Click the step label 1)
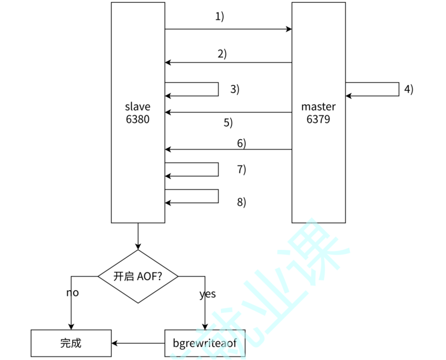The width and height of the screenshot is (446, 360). click(x=219, y=17)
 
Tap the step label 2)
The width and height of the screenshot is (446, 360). click(x=222, y=54)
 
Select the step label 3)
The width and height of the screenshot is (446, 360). click(x=234, y=89)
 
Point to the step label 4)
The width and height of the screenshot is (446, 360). click(x=408, y=89)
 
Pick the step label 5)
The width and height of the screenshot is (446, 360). click(x=228, y=123)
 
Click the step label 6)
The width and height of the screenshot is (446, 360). click(x=241, y=143)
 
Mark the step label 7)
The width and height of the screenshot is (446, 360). click(x=241, y=169)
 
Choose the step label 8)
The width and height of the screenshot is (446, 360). click(x=241, y=202)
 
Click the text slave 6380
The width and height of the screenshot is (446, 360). click(x=138, y=113)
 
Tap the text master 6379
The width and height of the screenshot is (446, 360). click(x=318, y=113)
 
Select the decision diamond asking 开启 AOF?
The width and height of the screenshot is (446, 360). click(x=138, y=276)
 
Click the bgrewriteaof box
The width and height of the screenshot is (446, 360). click(x=205, y=342)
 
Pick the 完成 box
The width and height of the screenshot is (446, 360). click(x=71, y=342)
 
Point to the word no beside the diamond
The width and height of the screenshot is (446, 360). click(x=73, y=293)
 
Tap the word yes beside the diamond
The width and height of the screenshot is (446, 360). click(x=207, y=294)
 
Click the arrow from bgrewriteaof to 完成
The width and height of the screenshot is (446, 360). click(x=138, y=342)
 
